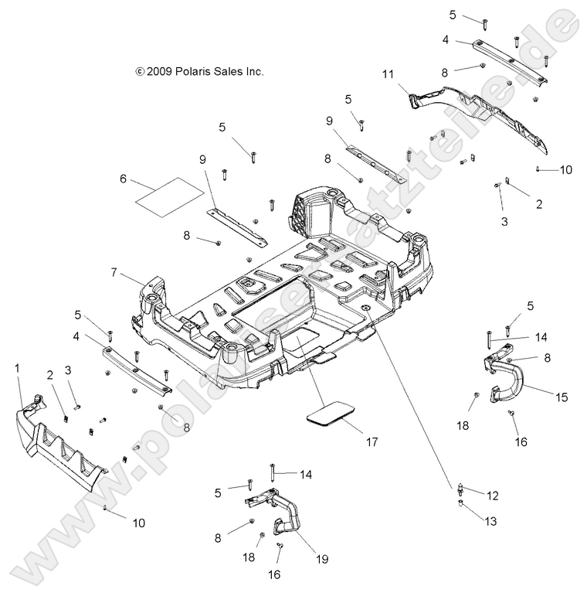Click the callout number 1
pyautogui.click(x=18, y=370)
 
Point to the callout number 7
pyautogui.click(x=114, y=272)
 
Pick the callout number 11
pyautogui.click(x=388, y=74)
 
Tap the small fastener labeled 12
pyautogui.click(x=460, y=487)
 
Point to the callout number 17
pyautogui.click(x=372, y=442)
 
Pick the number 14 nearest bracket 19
pyautogui.click(x=307, y=475)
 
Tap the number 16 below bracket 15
pyautogui.click(x=521, y=441)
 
